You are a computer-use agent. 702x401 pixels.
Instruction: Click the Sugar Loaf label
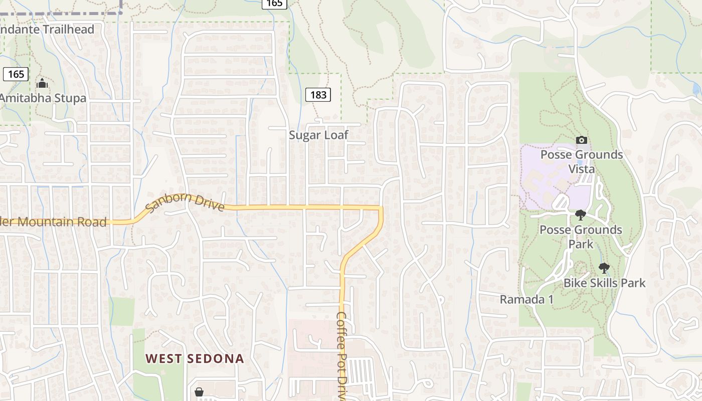(x=318, y=135)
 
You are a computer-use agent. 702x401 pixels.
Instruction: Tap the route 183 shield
(x=318, y=94)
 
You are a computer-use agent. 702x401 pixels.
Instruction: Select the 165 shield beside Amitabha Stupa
(x=16, y=74)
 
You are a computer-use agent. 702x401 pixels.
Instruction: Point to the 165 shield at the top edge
(x=274, y=4)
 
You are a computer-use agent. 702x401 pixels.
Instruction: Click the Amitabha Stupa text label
(x=43, y=98)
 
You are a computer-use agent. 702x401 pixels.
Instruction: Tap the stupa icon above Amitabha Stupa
(x=42, y=83)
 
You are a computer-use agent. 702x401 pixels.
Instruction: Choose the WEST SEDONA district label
(x=195, y=358)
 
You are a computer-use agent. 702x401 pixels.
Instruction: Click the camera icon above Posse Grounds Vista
(x=582, y=140)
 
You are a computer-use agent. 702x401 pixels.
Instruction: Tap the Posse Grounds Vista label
(x=582, y=161)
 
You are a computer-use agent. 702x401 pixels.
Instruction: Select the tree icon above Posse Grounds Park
(x=581, y=215)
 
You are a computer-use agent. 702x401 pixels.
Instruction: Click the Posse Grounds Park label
(x=581, y=237)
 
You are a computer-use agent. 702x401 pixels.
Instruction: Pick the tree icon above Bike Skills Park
(x=604, y=268)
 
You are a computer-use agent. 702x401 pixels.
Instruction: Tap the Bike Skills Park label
(x=604, y=283)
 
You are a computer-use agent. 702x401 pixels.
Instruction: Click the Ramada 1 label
(x=526, y=300)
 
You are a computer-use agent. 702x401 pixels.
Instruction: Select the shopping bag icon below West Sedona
(x=199, y=391)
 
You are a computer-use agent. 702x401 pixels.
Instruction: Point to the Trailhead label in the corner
(x=47, y=29)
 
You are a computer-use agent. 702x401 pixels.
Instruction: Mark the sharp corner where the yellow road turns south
(x=382, y=207)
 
